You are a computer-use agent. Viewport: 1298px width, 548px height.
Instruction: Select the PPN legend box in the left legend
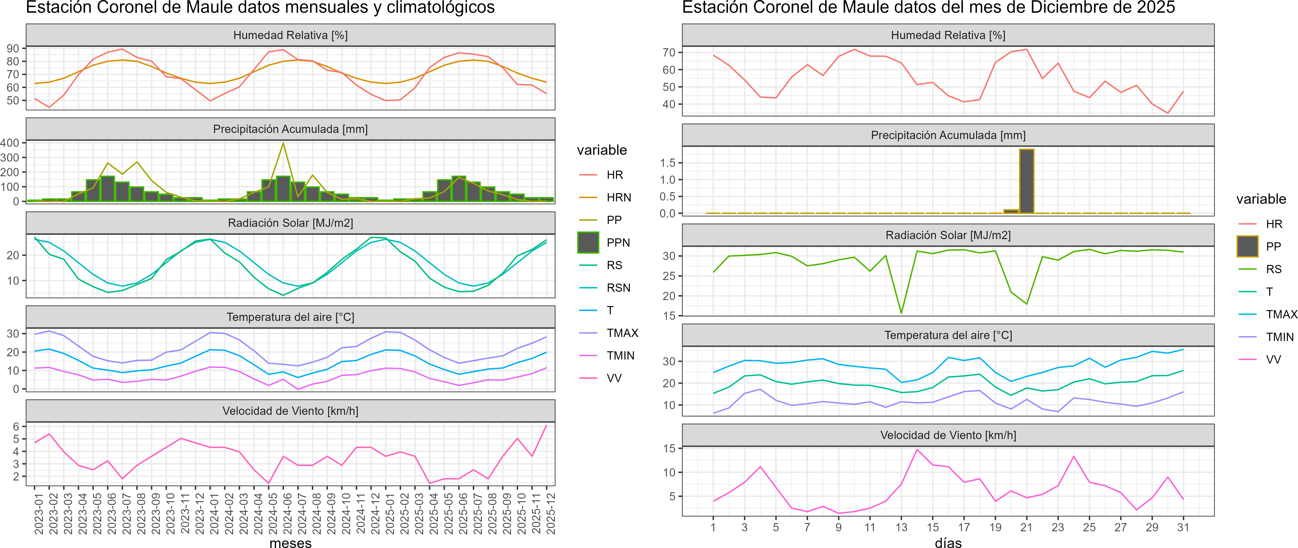click(x=588, y=242)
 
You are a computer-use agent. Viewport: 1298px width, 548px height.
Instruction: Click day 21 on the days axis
click(x=1026, y=527)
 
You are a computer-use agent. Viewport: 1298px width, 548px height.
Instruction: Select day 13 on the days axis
click(x=901, y=527)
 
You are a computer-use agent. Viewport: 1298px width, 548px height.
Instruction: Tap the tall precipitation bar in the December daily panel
click(x=1026, y=181)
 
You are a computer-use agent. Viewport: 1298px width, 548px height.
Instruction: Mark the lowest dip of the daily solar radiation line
click(x=901, y=313)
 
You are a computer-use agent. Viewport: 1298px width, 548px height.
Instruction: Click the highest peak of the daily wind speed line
click(x=917, y=449)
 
